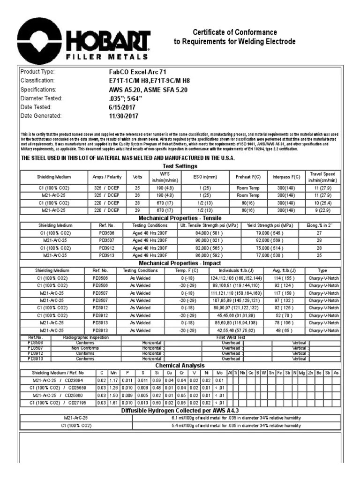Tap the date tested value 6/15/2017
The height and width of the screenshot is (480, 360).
pyautogui.click(x=122, y=107)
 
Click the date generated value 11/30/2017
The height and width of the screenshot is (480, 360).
pyautogui.click(x=124, y=116)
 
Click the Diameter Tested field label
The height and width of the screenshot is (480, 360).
pyautogui.click(x=42, y=98)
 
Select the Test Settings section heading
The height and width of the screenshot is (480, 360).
pyautogui.click(x=180, y=166)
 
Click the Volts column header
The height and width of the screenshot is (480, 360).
pyautogui.click(x=137, y=177)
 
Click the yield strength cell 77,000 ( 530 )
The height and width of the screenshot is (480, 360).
pyautogui.click(x=272, y=255)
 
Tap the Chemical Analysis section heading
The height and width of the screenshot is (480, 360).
pyautogui.click(x=180, y=366)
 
